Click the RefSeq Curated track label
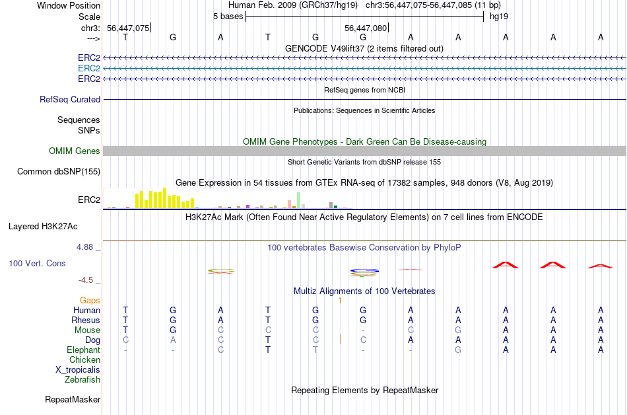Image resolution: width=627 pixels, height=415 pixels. tap(70, 100)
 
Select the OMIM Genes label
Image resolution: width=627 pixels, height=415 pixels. tap(75, 151)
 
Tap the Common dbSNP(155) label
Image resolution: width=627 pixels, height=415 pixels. tap(59, 172)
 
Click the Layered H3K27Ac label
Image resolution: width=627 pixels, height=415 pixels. tap(43, 226)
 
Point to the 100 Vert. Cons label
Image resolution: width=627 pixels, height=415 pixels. tap(37, 264)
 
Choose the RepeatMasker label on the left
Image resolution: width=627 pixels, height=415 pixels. tap(73, 400)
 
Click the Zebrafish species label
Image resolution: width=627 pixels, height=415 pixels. tap(82, 380)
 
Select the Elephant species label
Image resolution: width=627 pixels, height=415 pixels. tap(83, 350)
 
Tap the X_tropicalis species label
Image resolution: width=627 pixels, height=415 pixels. tap(78, 370)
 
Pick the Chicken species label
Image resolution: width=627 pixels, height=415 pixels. tap(84, 360)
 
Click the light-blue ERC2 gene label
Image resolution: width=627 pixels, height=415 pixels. tap(89, 68)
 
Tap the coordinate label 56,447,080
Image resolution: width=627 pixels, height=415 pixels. tap(366, 28)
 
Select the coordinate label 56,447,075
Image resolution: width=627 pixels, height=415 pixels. tap(128, 28)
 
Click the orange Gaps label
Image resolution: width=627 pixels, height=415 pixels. tap(90, 300)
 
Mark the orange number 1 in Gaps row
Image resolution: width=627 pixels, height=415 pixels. tap(340, 301)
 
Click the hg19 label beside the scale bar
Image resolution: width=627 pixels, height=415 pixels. tap(498, 16)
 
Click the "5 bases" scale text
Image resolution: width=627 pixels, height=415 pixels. tap(228, 16)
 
